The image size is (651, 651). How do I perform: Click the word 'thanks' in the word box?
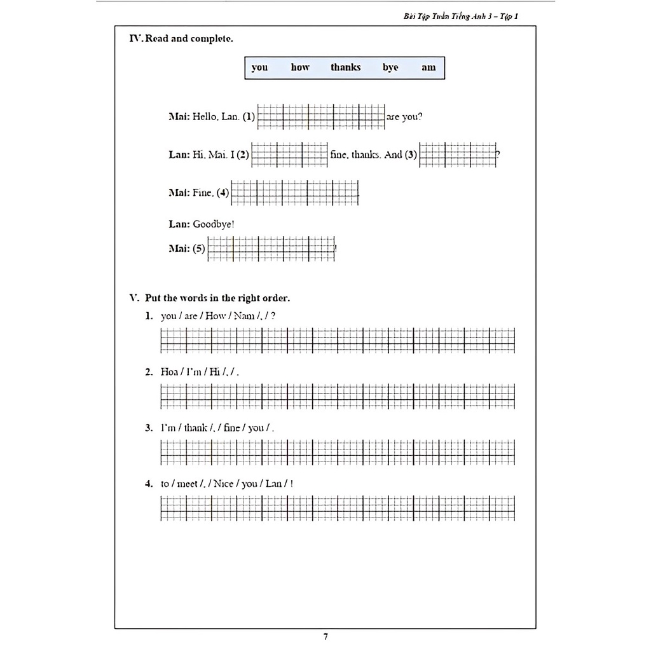345,67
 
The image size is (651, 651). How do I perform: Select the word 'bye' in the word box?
390,67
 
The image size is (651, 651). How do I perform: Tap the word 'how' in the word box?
300,67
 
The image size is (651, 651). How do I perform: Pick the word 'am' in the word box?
428,67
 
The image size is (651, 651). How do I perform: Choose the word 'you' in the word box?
259,67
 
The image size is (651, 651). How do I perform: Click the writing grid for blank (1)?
321,116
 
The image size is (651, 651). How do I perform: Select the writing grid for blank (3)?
458,154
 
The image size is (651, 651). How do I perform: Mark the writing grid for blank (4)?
295,192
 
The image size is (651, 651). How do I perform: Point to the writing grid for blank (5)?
271,249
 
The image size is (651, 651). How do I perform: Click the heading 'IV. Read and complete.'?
181,39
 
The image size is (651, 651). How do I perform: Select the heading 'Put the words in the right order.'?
217,298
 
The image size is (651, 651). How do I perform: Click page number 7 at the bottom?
325,636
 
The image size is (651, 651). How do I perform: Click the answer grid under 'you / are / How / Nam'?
338,340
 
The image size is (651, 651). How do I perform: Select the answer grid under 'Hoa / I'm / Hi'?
338,396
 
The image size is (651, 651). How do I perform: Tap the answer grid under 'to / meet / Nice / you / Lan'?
338,508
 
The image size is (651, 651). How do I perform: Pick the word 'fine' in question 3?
232,428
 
